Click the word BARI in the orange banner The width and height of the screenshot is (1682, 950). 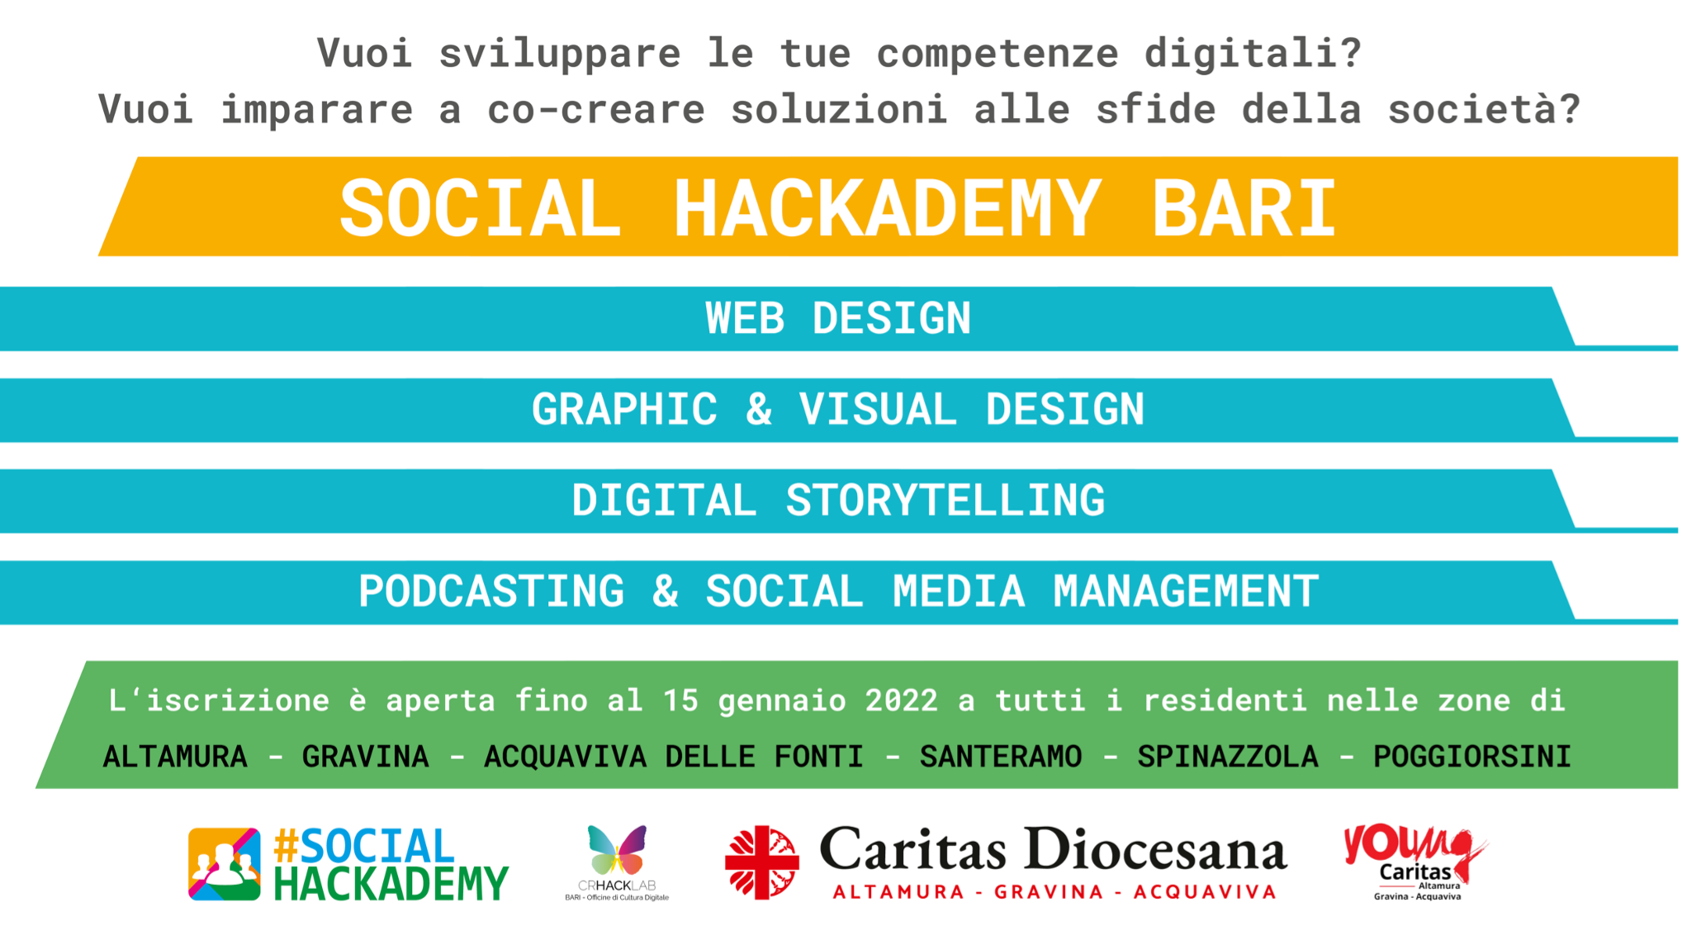(1244, 208)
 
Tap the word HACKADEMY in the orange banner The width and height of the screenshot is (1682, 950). (887, 208)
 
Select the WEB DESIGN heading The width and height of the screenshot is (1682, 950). (838, 318)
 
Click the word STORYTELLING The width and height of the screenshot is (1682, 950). (945, 501)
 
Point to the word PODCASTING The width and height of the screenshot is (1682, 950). (491, 591)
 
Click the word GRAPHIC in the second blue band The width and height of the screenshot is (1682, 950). (624, 410)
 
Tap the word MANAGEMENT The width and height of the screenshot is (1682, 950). (1186, 591)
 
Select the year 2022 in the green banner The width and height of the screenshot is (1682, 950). (901, 701)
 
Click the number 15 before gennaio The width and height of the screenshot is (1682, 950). (681, 701)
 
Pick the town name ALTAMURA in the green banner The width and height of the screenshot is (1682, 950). (175, 757)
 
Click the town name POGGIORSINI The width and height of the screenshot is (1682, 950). (1472, 757)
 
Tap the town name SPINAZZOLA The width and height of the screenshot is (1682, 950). (1228, 757)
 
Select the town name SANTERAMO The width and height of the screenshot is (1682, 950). (1001, 757)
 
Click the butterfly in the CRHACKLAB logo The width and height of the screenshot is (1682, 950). (617, 850)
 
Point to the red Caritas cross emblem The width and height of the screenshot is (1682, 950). (762, 862)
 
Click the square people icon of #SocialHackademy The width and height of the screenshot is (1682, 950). (225, 864)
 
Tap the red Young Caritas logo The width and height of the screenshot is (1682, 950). (1415, 862)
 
